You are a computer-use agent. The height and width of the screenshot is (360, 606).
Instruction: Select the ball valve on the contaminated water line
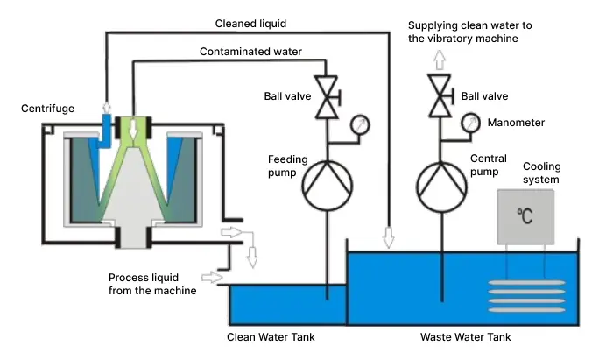click(327, 96)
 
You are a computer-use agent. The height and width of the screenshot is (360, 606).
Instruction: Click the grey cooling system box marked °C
click(525, 215)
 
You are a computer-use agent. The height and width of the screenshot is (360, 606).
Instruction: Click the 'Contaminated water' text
click(250, 52)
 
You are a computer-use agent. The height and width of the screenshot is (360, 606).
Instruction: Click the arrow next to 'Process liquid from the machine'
click(210, 278)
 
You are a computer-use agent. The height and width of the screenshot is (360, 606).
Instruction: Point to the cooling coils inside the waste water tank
click(525, 293)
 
